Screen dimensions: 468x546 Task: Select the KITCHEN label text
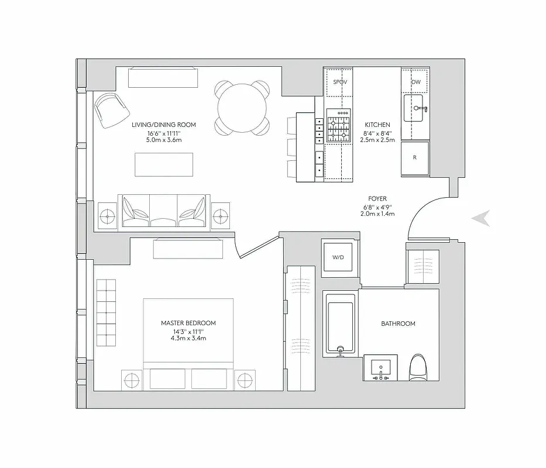[377, 125]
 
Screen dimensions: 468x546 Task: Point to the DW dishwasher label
[416, 82]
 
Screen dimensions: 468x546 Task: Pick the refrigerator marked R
[415, 157]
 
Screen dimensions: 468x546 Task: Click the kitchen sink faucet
[420, 109]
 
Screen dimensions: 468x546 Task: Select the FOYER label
[377, 199]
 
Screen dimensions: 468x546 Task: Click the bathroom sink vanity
[380, 369]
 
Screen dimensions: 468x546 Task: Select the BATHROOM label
[398, 324]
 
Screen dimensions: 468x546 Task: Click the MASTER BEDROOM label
[188, 323]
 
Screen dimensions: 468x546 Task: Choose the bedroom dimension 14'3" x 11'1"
[188, 331]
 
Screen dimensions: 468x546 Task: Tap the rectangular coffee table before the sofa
[164, 164]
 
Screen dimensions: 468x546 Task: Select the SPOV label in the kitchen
[340, 82]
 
